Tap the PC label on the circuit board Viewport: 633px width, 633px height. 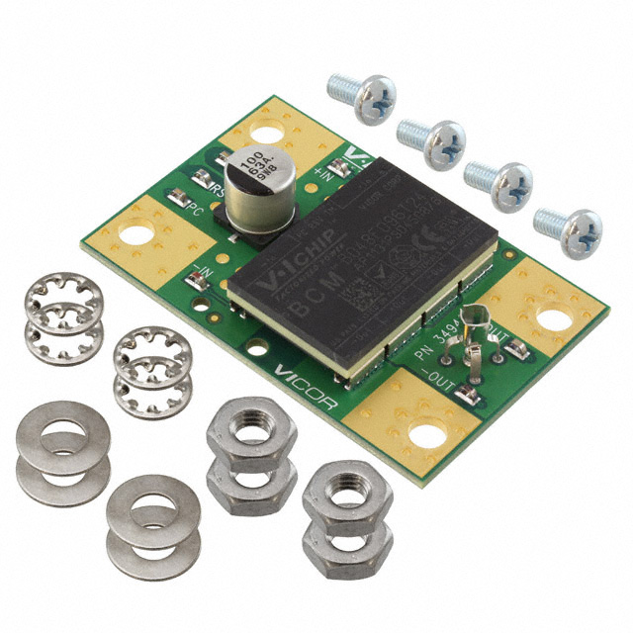point(197,211)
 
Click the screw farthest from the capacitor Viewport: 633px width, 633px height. point(568,229)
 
